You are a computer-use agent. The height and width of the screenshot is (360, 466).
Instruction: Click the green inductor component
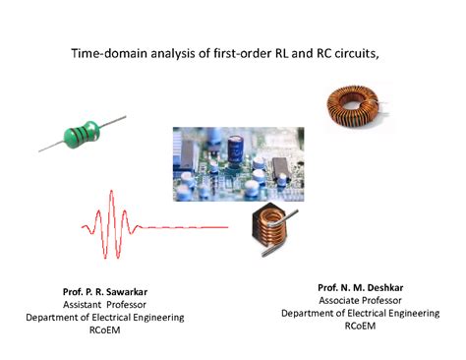(81, 133)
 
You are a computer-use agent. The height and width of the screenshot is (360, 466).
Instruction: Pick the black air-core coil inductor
(276, 230)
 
